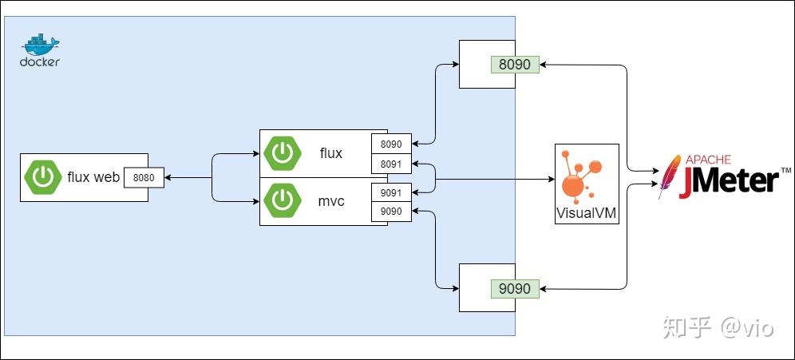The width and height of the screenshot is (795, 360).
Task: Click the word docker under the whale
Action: pos(39,62)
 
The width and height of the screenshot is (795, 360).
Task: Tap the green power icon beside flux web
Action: pos(43,177)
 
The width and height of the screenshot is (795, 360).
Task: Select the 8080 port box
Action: pos(144,178)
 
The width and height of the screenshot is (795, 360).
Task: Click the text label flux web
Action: pos(93,177)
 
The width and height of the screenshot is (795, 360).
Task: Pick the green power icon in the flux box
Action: pos(283,153)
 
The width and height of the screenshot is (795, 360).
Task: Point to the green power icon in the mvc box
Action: pos(283,201)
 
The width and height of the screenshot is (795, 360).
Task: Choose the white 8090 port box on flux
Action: pos(391,144)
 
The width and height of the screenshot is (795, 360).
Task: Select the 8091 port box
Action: pos(391,164)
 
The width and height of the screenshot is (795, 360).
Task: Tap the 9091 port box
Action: pos(391,193)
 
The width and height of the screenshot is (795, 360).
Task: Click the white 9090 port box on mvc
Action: pos(391,212)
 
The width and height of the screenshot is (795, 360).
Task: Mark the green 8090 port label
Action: pos(515,64)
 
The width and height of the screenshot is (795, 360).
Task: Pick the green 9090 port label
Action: pos(515,287)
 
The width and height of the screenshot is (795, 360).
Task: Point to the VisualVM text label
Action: pos(587,214)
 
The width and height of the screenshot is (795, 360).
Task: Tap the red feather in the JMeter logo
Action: pos(669,177)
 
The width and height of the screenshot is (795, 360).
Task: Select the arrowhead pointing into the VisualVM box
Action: pos(551,180)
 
